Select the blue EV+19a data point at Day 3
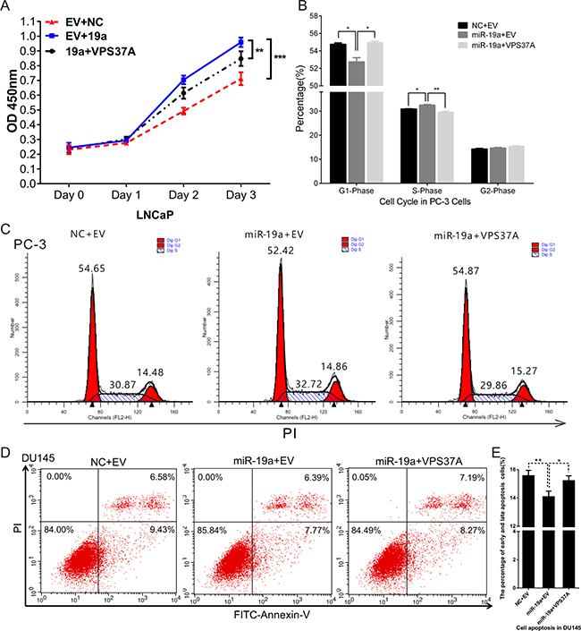(240, 42)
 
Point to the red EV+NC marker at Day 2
(183, 111)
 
